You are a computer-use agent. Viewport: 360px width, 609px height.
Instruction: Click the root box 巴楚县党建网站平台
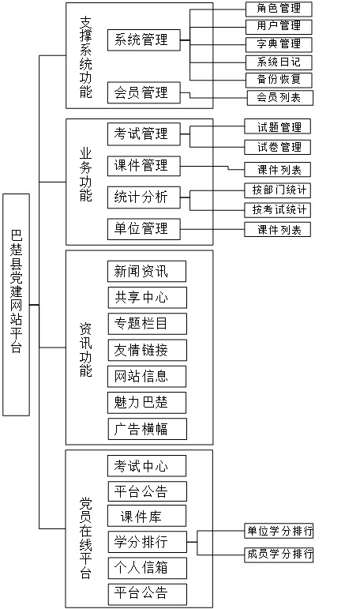pyautogui.click(x=16, y=305)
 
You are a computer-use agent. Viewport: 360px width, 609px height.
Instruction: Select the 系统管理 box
pyautogui.click(x=144, y=40)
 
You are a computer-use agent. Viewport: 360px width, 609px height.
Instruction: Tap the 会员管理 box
pyautogui.click(x=144, y=93)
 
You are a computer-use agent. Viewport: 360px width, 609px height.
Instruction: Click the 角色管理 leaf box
pyautogui.click(x=279, y=9)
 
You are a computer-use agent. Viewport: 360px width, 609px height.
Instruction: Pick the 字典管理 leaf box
pyautogui.click(x=279, y=44)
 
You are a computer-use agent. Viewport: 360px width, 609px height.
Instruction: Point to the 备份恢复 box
pyautogui.click(x=279, y=80)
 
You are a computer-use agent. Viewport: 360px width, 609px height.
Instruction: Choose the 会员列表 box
pyautogui.click(x=280, y=98)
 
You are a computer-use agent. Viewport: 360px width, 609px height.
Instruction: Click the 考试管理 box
pyautogui.click(x=144, y=134)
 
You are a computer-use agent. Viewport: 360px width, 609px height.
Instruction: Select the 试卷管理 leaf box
pyautogui.click(x=278, y=147)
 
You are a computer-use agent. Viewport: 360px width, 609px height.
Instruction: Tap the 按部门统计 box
pyautogui.click(x=278, y=190)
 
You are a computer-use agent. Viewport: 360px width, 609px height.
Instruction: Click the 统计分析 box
pyautogui.click(x=144, y=197)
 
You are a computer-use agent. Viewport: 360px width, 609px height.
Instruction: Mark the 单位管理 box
pyautogui.click(x=144, y=229)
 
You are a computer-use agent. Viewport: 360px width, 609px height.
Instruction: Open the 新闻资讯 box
pyautogui.click(x=147, y=272)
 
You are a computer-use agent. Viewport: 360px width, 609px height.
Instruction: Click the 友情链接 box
pyautogui.click(x=147, y=350)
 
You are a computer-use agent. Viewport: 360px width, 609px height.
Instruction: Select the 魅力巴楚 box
pyautogui.click(x=147, y=402)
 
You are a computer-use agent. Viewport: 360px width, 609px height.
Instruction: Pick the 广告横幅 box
pyautogui.click(x=147, y=429)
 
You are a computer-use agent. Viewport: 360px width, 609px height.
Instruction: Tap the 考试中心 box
pyautogui.click(x=147, y=466)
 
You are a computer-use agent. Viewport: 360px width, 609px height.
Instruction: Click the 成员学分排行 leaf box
pyautogui.click(x=279, y=554)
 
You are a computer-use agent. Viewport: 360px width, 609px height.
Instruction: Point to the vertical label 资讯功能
pyautogui.click(x=86, y=349)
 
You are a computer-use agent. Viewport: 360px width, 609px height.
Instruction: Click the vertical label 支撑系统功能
pyautogui.click(x=86, y=57)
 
